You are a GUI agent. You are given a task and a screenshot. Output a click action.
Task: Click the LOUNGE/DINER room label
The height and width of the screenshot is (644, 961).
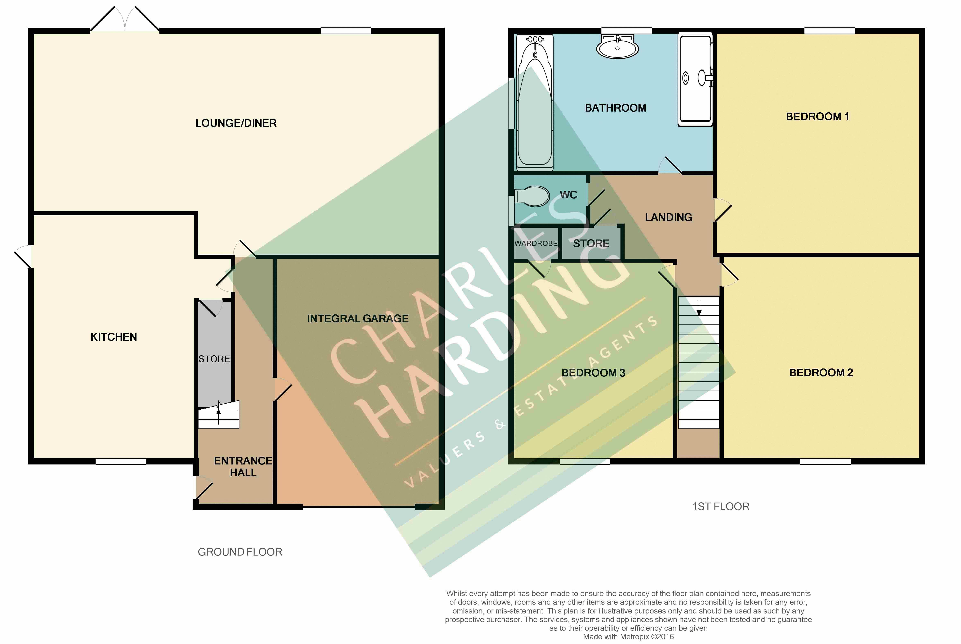236,123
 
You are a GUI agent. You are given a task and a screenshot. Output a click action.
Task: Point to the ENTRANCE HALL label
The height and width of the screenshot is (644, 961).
243,467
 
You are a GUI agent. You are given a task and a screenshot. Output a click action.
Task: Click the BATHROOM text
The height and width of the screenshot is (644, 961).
615,108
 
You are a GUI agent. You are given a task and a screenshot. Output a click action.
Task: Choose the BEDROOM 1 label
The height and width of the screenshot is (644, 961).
817,117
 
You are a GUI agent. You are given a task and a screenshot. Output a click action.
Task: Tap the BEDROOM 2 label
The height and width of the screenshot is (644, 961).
821,373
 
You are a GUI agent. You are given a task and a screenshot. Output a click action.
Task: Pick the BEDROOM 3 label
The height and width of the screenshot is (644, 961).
593,373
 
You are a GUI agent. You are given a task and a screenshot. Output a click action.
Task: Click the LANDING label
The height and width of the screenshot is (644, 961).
668,217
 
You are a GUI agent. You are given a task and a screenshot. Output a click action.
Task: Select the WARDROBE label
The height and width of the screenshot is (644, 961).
536,244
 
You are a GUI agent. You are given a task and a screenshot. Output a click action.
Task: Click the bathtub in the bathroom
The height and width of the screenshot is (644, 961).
535,102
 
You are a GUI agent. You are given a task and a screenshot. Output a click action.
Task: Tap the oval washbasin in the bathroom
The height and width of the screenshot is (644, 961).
617,46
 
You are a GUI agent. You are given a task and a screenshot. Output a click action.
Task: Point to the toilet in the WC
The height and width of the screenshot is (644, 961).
532,196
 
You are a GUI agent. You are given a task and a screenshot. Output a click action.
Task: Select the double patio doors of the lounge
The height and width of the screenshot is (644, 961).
125,18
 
